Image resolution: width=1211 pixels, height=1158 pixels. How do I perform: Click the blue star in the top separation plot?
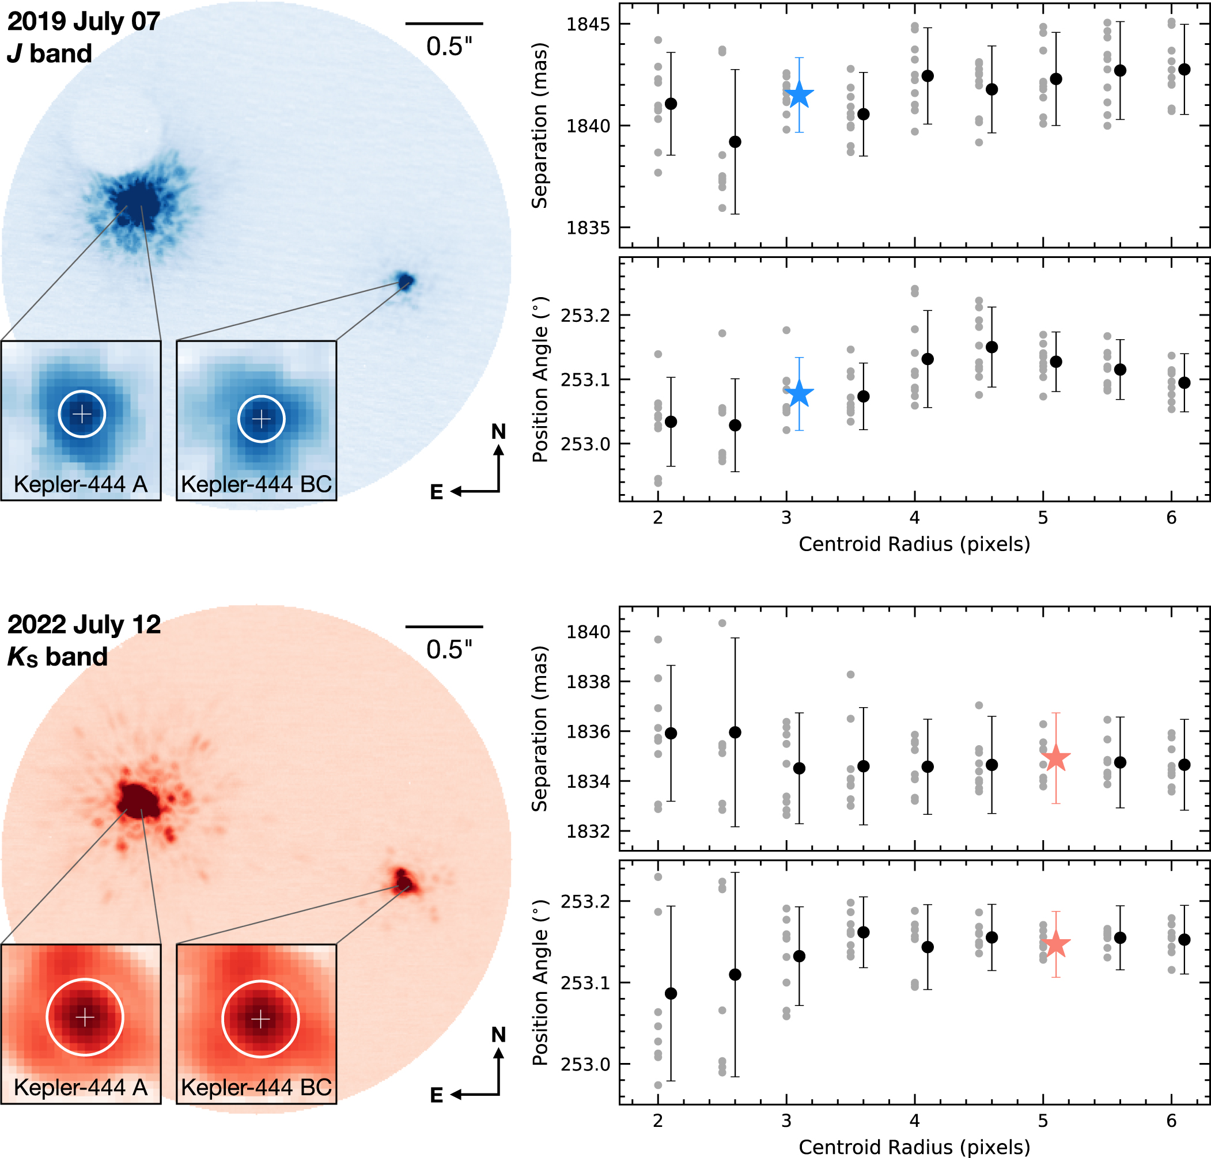[799, 95]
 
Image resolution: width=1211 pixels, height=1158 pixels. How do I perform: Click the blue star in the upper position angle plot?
[799, 393]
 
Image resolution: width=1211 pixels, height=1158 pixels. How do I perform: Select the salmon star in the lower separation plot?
[1056, 757]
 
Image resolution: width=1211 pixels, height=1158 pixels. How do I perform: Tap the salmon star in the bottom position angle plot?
[1056, 943]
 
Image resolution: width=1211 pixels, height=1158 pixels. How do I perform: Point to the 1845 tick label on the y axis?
[588, 24]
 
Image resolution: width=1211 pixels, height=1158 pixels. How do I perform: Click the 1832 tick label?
[588, 831]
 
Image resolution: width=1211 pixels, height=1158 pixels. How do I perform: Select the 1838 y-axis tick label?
[588, 681]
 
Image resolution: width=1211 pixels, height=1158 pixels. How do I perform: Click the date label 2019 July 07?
[84, 22]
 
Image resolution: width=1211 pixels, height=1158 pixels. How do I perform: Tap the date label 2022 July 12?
[84, 625]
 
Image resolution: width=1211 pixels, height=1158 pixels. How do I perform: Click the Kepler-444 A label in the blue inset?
[81, 484]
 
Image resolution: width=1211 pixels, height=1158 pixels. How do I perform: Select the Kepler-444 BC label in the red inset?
[256, 1087]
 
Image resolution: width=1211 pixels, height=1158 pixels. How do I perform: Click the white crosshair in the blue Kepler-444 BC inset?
[261, 419]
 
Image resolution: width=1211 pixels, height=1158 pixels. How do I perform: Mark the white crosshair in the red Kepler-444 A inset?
[85, 1017]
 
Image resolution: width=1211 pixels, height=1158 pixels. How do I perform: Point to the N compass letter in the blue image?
[498, 432]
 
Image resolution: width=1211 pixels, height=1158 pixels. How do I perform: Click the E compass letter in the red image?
[437, 1095]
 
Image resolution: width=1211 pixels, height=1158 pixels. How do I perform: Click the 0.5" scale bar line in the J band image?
[444, 24]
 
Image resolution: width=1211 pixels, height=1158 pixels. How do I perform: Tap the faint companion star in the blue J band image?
[405, 282]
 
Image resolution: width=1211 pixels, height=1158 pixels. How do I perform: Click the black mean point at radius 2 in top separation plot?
[671, 104]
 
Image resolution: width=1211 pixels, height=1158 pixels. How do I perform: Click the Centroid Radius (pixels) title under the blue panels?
[914, 544]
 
